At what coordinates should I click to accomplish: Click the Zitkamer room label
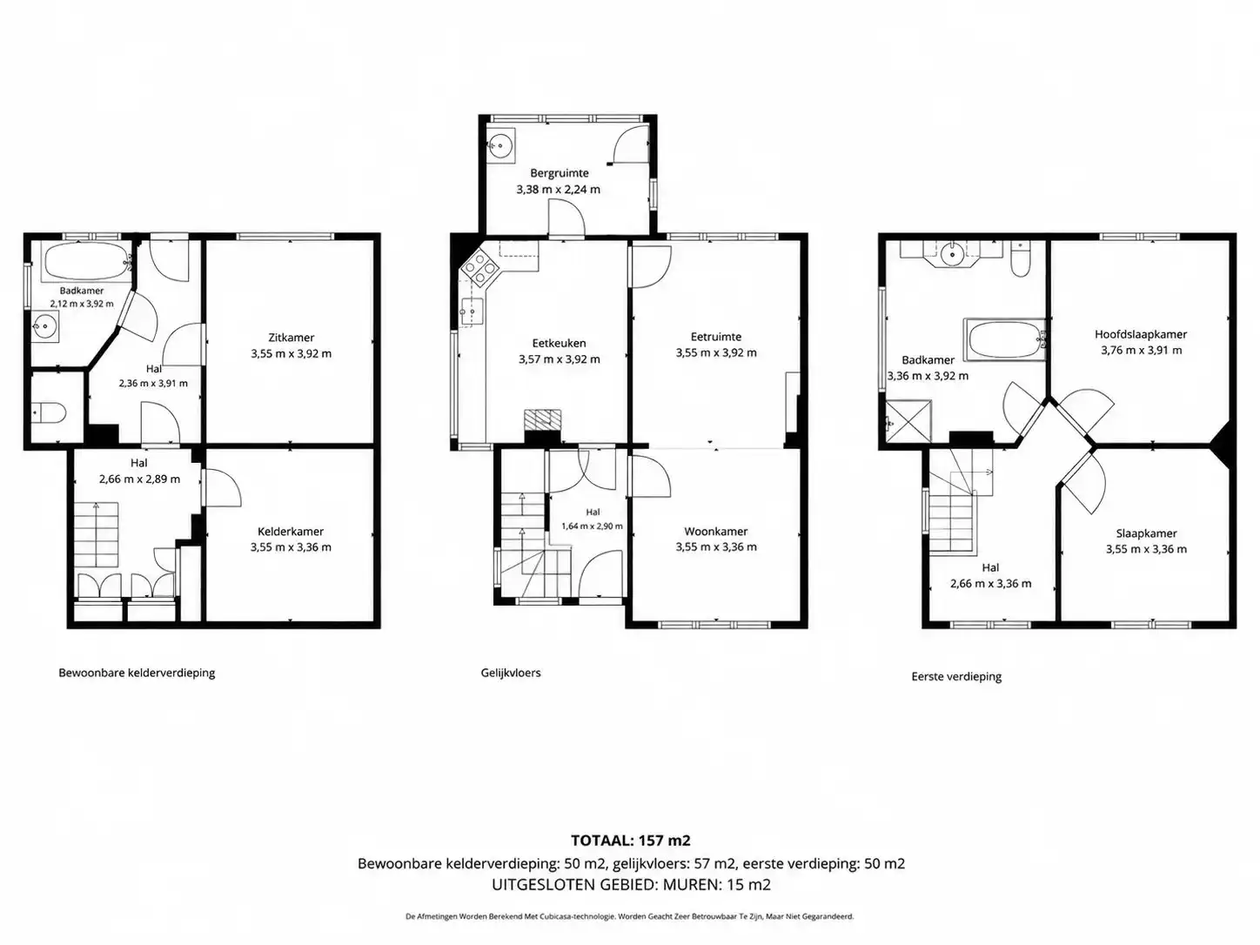(291, 338)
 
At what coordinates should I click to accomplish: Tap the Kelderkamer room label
(291, 532)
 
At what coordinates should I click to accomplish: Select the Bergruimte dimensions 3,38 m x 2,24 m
(559, 190)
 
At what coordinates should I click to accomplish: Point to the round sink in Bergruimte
(501, 145)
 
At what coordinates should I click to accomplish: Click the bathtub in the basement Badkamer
(89, 262)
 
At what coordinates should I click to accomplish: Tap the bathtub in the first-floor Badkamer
(1004, 339)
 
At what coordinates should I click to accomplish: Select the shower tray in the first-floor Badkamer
(908, 420)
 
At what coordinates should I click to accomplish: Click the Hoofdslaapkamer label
(1141, 334)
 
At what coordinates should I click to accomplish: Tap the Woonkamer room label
(716, 532)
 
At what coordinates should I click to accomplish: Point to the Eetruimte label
(716, 337)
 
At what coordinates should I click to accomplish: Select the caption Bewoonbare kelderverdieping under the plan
(137, 673)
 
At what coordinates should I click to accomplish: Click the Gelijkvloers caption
(511, 673)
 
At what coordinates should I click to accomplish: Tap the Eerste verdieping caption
(956, 676)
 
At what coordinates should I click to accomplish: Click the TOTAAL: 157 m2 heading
(630, 841)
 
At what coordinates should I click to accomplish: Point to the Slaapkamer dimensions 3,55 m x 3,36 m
(1146, 549)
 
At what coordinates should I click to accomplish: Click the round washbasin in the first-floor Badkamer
(952, 252)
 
